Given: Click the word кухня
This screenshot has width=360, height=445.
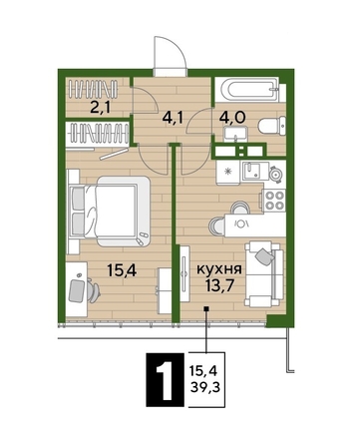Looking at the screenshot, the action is tap(219, 269).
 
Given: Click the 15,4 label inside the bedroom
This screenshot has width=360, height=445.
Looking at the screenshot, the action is tap(122, 271).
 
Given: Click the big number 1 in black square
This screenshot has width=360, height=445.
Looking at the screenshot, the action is tap(165, 380).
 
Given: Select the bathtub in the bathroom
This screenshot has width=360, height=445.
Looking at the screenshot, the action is tap(246, 89).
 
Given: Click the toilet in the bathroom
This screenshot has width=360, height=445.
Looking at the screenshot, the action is tap(271, 126).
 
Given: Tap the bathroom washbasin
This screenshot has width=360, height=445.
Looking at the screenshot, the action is tap(235, 135).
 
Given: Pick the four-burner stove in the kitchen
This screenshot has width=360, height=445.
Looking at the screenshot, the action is tap(273, 201).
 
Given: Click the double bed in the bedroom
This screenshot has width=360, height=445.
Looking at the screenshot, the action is tap(109, 212).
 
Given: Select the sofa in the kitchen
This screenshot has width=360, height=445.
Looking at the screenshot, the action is tap(264, 273).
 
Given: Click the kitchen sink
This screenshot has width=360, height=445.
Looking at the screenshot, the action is tap(253, 170).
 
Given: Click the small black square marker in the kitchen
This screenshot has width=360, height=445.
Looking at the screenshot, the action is tap(206, 309).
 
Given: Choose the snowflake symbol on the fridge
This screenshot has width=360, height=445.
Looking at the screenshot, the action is tap(227, 172).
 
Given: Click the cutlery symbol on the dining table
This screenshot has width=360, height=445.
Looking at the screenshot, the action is tap(242, 222).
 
